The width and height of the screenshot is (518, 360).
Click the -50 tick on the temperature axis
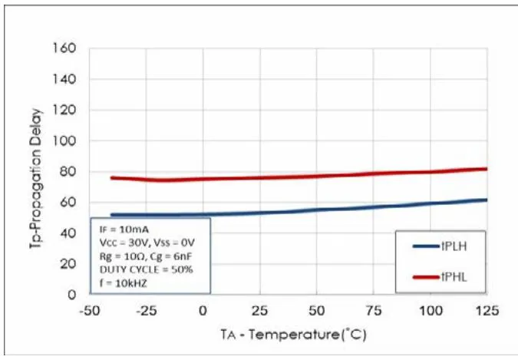click(x=89, y=310)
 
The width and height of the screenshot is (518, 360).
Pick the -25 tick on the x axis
click(x=146, y=310)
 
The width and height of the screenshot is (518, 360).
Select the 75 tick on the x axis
click(x=373, y=310)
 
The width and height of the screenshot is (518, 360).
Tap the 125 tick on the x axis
click(x=487, y=310)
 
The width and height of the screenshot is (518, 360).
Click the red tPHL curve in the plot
click(x=307, y=177)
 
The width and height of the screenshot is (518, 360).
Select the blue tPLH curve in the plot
click(x=307, y=210)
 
